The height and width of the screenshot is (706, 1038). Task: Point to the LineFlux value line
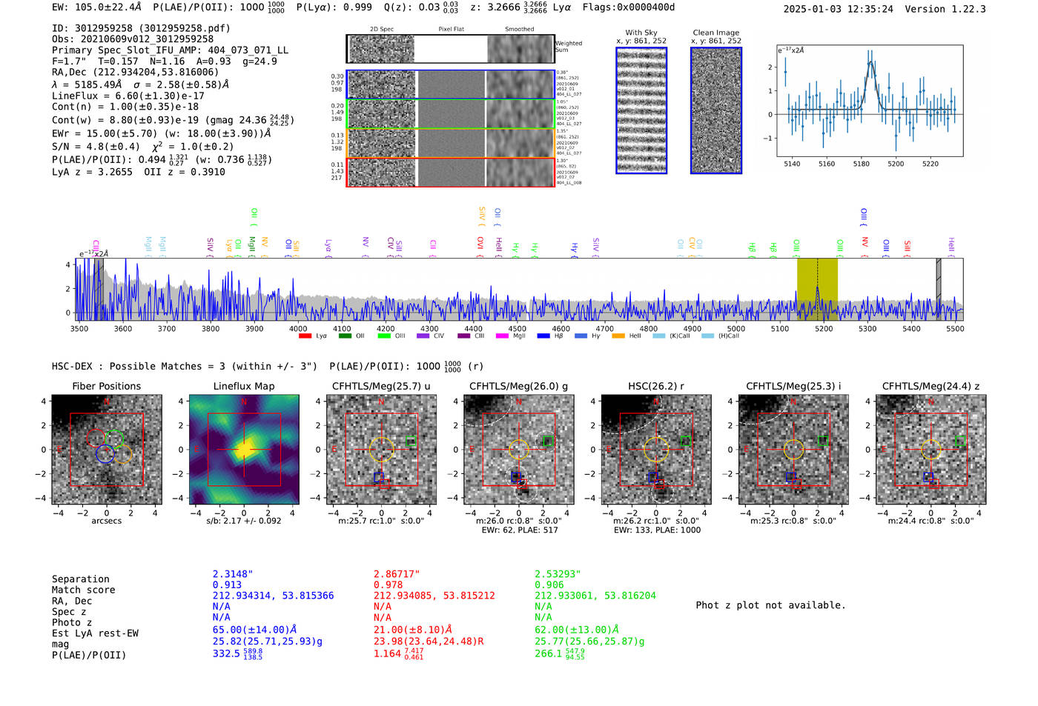[x=128, y=96]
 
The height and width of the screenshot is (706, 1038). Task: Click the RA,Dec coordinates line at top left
[x=135, y=72]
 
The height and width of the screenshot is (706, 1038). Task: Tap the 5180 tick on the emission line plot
[x=861, y=164]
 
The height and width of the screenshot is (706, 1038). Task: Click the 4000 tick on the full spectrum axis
[x=298, y=328]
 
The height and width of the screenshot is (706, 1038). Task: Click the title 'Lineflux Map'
[x=243, y=386]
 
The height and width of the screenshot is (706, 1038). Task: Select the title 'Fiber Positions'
[x=106, y=386]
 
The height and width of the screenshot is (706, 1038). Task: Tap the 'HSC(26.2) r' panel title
[x=655, y=386]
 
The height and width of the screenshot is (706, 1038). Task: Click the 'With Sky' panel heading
[x=641, y=33]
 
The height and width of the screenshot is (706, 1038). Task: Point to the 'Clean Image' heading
[x=715, y=33]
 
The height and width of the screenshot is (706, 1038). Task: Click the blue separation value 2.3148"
[x=233, y=574]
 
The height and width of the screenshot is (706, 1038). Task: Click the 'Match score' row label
[x=83, y=590]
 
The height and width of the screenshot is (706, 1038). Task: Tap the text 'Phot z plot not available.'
[x=770, y=605]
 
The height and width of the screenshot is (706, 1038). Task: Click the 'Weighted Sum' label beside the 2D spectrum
[x=568, y=47]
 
